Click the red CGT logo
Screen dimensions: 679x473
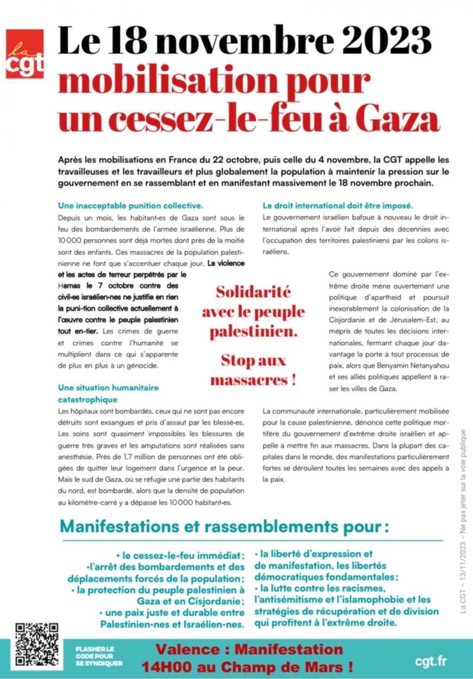point(24,54)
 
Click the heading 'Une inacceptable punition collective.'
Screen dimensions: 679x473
point(131,206)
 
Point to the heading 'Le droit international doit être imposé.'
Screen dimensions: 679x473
point(338,206)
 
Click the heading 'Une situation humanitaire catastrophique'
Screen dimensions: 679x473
point(108,393)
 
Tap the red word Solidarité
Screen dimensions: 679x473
point(253,292)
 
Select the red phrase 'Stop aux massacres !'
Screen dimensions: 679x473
point(253,370)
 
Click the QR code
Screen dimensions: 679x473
point(37,645)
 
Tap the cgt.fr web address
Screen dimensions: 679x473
point(431,661)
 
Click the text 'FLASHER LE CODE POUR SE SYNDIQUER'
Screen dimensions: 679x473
point(99,656)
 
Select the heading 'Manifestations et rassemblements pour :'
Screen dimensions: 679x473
point(224,526)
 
